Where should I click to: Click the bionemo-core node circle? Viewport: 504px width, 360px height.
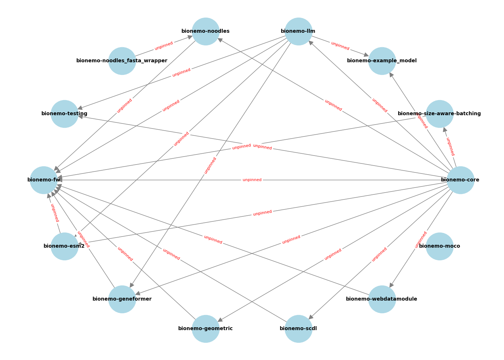coord(460,180)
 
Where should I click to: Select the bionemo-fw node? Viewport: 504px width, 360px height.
coord(44,180)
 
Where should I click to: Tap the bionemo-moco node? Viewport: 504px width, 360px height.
coord(440,246)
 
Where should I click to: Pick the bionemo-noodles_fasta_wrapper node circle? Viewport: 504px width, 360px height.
coord(122,61)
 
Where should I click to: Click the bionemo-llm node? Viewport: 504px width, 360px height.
coord(298,31)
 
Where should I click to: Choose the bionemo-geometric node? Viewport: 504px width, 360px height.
coord(206,329)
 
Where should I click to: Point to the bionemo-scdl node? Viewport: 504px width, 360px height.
coord(298,329)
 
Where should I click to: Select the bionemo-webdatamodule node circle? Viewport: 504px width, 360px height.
coord(382,299)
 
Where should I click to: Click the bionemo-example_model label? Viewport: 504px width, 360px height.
coord(382,61)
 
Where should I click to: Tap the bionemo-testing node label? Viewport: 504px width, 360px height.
coord(64,114)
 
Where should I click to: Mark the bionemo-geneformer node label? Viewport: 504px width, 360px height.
coord(122,299)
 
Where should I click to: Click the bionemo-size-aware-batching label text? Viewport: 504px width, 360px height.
coord(439,114)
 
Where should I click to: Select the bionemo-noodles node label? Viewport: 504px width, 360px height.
coord(206,31)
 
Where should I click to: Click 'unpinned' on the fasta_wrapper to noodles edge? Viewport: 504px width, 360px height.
coord(164,46)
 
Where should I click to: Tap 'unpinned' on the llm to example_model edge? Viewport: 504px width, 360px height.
coord(340,46)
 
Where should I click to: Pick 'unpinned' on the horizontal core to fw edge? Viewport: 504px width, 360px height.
coord(252,180)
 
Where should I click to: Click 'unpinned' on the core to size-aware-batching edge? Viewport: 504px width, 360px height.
coord(450,147)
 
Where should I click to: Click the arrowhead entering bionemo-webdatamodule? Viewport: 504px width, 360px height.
coord(391,285)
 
